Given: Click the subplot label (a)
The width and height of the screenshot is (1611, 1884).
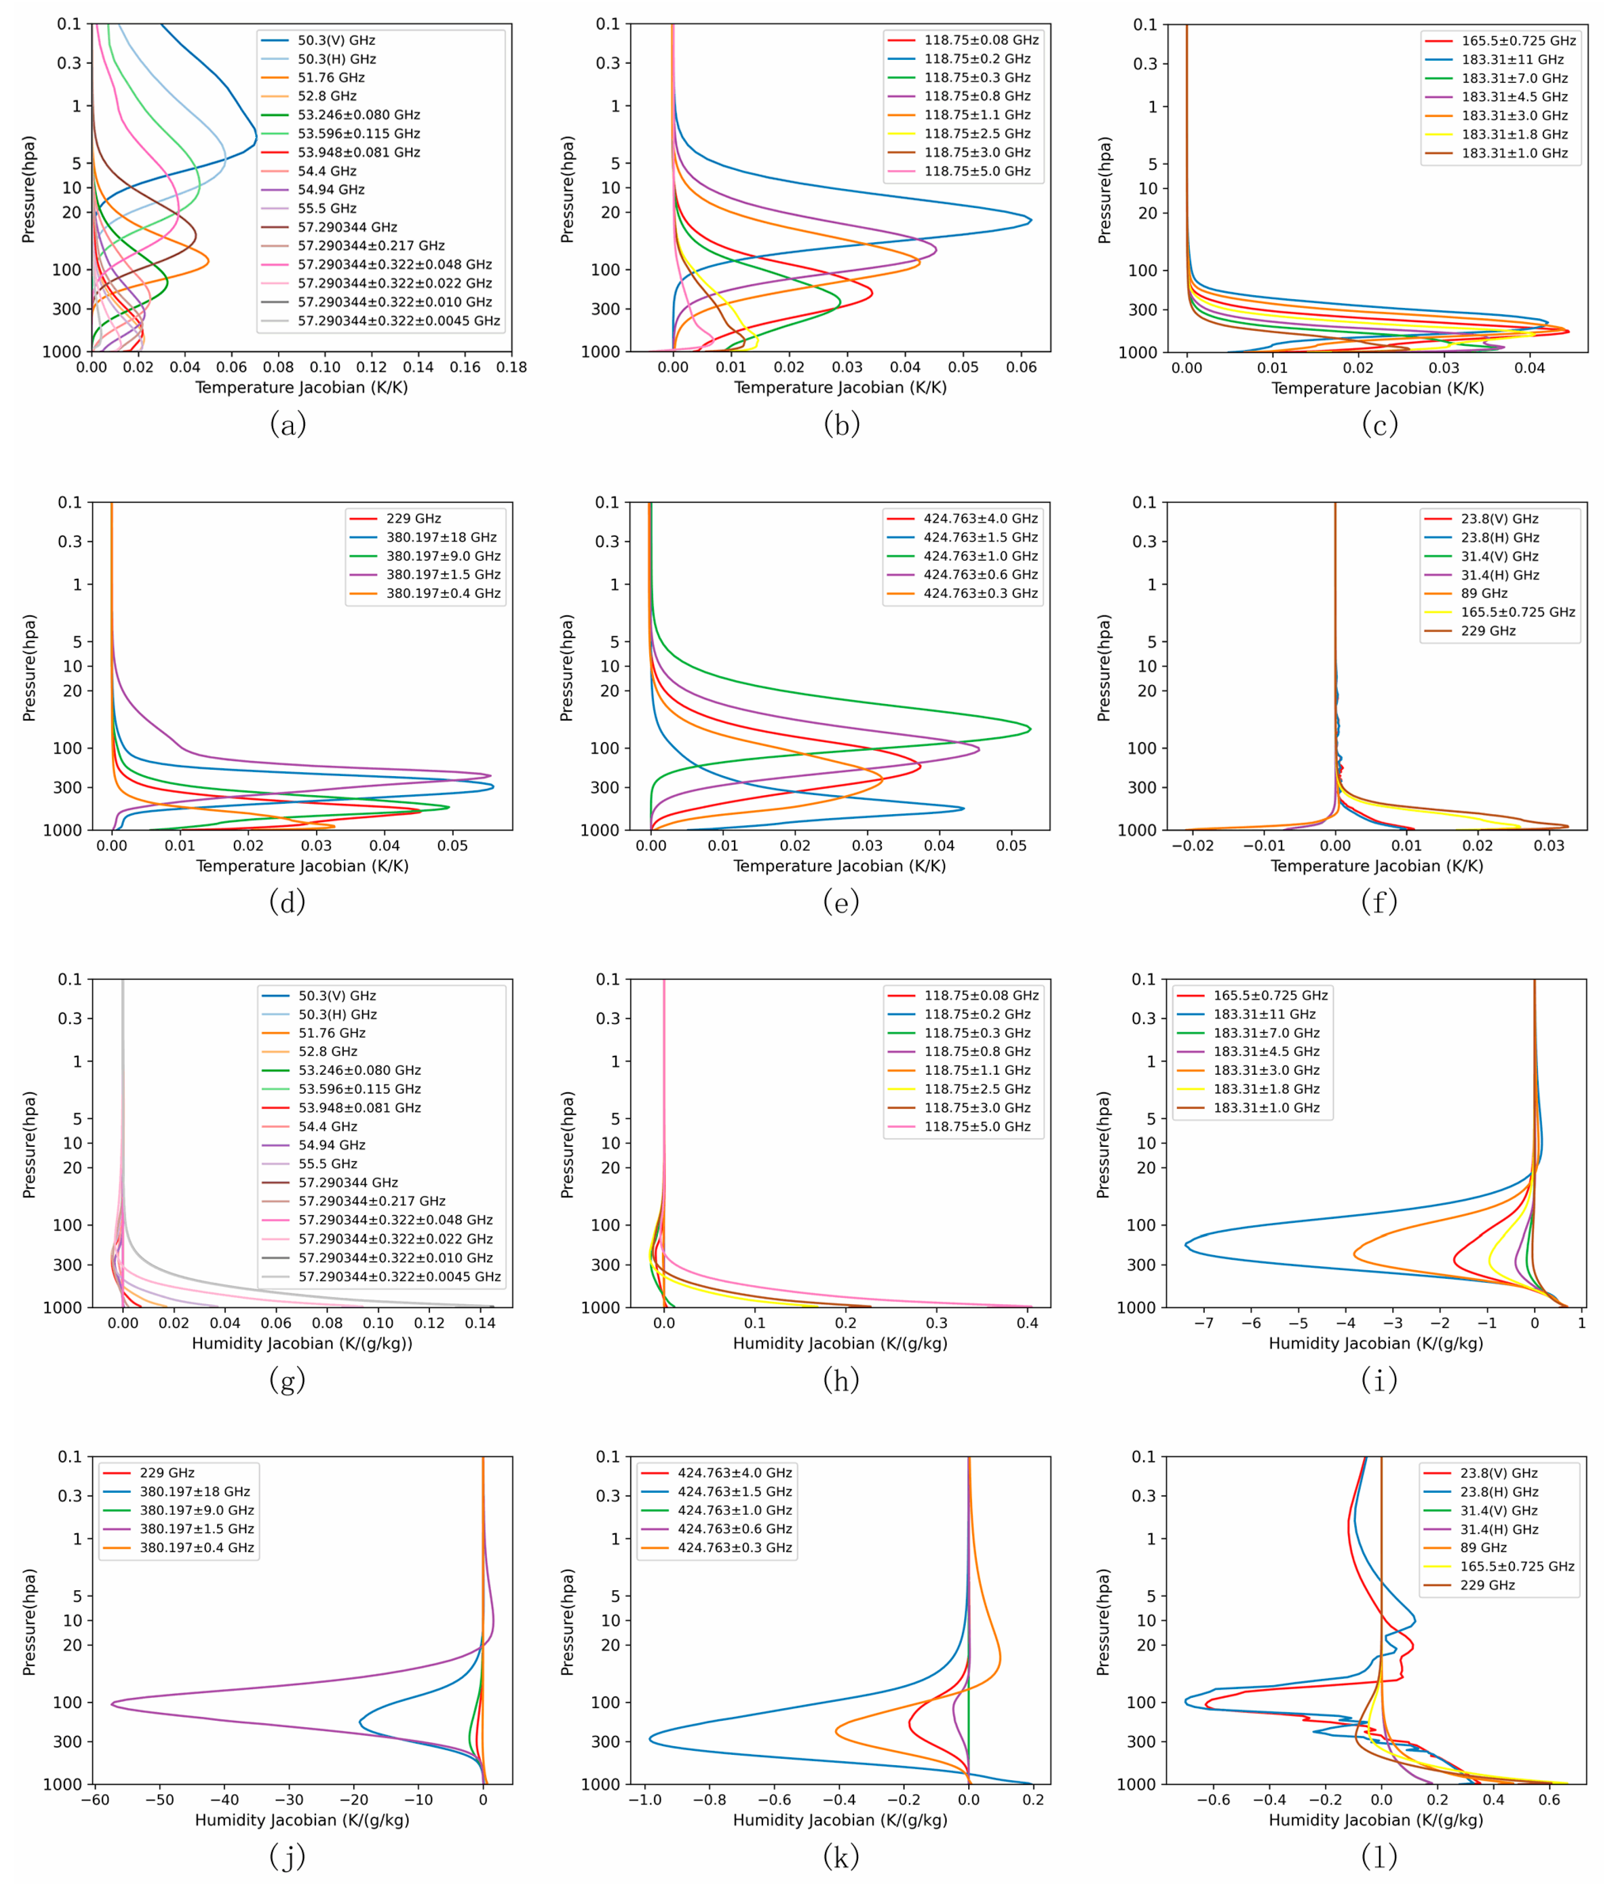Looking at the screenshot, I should (287, 424).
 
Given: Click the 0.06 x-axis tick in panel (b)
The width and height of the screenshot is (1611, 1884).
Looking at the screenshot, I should (1021, 367).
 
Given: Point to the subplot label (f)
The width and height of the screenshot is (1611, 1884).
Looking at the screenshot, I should (1378, 901).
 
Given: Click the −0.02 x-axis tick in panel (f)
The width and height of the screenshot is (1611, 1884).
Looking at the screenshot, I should (1192, 846).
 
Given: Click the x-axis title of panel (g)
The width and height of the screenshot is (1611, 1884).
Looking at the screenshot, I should (302, 1343).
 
